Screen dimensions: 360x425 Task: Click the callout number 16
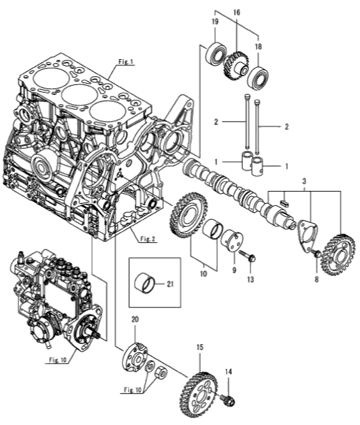(237, 12)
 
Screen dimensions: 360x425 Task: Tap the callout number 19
(215, 22)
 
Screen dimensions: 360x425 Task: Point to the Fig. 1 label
(126, 62)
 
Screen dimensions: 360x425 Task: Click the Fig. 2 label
(148, 239)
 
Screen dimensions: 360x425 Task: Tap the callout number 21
(170, 284)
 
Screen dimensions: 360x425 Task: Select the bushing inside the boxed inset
(145, 284)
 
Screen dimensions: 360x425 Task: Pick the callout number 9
(234, 270)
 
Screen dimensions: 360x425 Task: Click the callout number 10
(203, 273)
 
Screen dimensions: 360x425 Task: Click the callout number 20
(135, 320)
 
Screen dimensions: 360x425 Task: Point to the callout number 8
(316, 279)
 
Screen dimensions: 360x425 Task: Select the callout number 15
(200, 347)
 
